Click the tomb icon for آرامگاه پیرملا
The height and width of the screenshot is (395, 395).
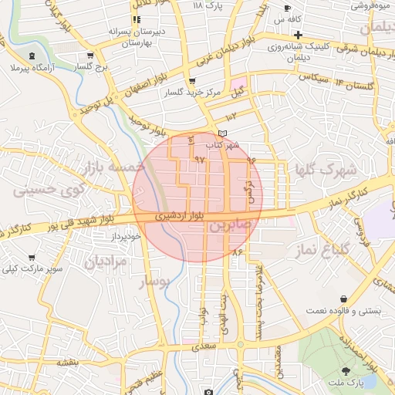point(32,56)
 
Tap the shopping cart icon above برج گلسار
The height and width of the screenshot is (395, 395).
point(91,56)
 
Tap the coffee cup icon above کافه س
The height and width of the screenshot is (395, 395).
point(287,8)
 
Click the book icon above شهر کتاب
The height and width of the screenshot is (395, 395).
point(223,134)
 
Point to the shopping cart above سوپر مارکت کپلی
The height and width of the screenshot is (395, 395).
point(32,258)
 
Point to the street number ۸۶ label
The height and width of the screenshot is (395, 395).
point(236,252)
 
